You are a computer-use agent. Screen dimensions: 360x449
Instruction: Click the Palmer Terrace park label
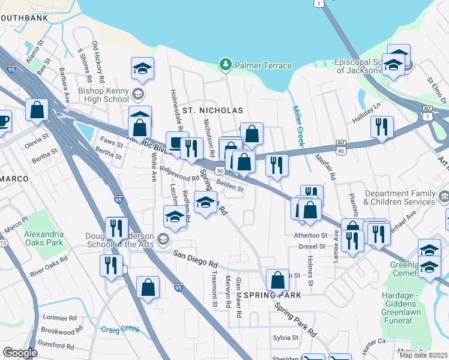263,65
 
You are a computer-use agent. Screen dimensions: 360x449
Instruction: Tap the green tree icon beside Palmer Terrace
226,64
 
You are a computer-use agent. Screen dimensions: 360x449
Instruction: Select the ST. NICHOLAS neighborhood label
212,111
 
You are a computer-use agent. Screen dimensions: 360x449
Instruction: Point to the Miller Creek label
298,125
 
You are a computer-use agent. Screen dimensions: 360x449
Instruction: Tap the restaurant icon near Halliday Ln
382,127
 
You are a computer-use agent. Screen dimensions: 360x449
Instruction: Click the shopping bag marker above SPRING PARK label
277,280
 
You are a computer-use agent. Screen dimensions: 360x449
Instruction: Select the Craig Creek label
119,329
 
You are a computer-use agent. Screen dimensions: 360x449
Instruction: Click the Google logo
20,352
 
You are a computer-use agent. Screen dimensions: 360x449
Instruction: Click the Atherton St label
310,235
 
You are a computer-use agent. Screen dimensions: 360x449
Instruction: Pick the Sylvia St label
286,338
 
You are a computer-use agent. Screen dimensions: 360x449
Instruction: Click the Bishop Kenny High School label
103,95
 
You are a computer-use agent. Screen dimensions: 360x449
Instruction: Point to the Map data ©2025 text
424,355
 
